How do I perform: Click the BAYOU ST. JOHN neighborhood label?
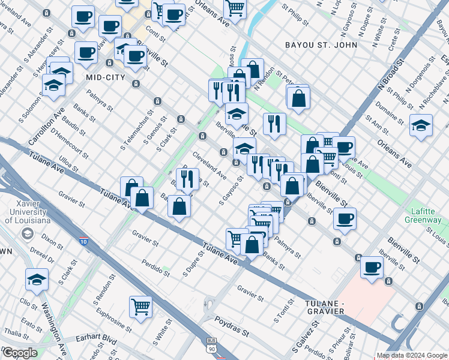click(x=321, y=45)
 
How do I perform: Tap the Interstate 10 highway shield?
click(x=82, y=241)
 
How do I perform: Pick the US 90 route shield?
click(x=210, y=348)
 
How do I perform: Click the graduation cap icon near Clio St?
click(x=37, y=279)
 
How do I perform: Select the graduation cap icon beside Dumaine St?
click(x=421, y=125)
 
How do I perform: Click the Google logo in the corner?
click(x=20, y=353)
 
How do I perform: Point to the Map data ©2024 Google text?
click(x=412, y=355)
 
